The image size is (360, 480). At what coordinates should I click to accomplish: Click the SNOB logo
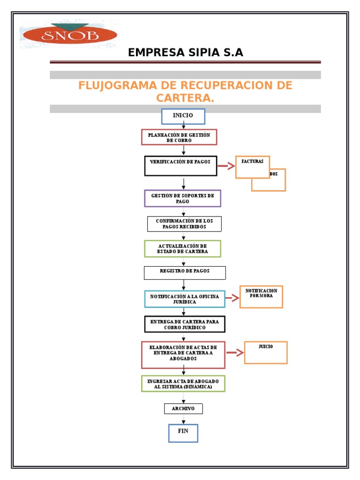click(68, 34)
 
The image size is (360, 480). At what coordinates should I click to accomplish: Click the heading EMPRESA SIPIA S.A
click(186, 52)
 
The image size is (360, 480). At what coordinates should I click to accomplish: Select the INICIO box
click(183, 116)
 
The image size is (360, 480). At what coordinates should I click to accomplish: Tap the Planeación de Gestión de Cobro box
click(179, 137)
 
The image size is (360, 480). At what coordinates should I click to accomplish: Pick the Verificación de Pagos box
click(180, 166)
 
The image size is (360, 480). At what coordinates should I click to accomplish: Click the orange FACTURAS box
click(252, 167)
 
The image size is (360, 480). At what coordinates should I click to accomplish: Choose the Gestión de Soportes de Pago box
click(182, 198)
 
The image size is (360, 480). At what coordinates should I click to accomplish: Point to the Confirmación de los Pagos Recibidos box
click(184, 224)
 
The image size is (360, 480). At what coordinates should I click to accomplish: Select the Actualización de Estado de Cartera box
click(182, 248)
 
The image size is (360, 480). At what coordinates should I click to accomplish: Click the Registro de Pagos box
click(185, 273)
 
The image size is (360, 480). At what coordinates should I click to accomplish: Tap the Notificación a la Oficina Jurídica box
click(185, 299)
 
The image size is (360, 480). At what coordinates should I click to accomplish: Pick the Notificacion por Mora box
click(261, 297)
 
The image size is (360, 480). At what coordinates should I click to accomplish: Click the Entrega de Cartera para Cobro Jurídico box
click(185, 324)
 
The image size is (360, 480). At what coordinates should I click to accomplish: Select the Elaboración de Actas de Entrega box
click(183, 355)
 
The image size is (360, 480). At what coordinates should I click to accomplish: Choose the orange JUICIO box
click(266, 352)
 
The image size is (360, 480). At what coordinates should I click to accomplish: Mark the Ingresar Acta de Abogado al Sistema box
click(183, 383)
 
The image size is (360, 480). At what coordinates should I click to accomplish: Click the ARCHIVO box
click(183, 409)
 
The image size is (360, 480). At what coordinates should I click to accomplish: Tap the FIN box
click(183, 433)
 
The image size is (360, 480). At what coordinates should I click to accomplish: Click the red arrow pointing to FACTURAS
click(226, 165)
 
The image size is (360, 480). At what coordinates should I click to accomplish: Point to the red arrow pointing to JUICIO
click(235, 353)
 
